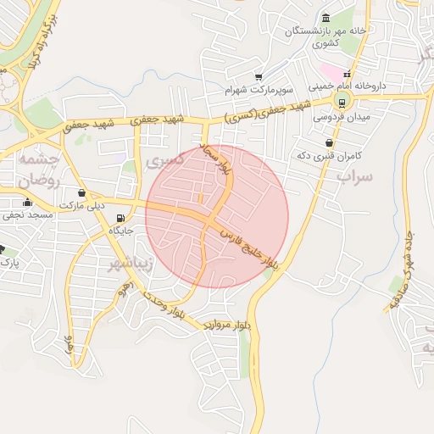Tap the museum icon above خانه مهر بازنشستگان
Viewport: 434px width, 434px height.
[326, 19]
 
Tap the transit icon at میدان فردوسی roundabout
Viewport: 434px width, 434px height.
[342, 103]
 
